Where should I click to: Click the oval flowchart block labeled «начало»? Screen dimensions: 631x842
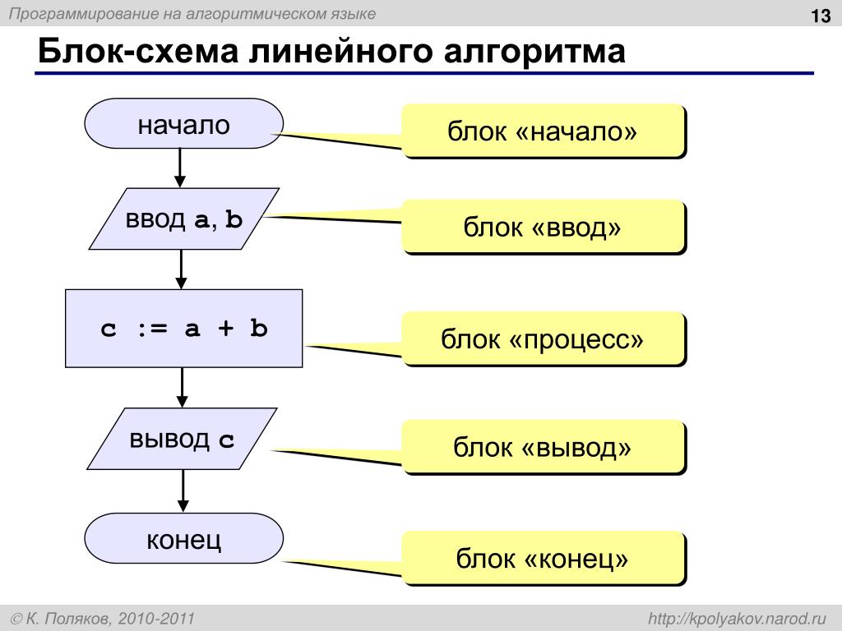pos(183,124)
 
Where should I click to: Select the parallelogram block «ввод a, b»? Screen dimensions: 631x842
pos(183,219)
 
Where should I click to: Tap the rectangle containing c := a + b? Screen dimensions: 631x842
pos(183,329)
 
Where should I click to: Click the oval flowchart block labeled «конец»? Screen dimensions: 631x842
pos(183,540)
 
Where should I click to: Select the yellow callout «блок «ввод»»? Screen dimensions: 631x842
pos(542,225)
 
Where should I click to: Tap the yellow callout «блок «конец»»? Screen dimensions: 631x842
pos(542,558)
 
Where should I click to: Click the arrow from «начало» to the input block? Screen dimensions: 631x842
pos(180,168)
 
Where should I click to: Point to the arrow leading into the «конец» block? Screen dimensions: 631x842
pos(182,491)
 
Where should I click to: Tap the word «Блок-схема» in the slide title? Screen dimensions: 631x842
pos(138,53)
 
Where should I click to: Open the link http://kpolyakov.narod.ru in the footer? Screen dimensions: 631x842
pos(736,617)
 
